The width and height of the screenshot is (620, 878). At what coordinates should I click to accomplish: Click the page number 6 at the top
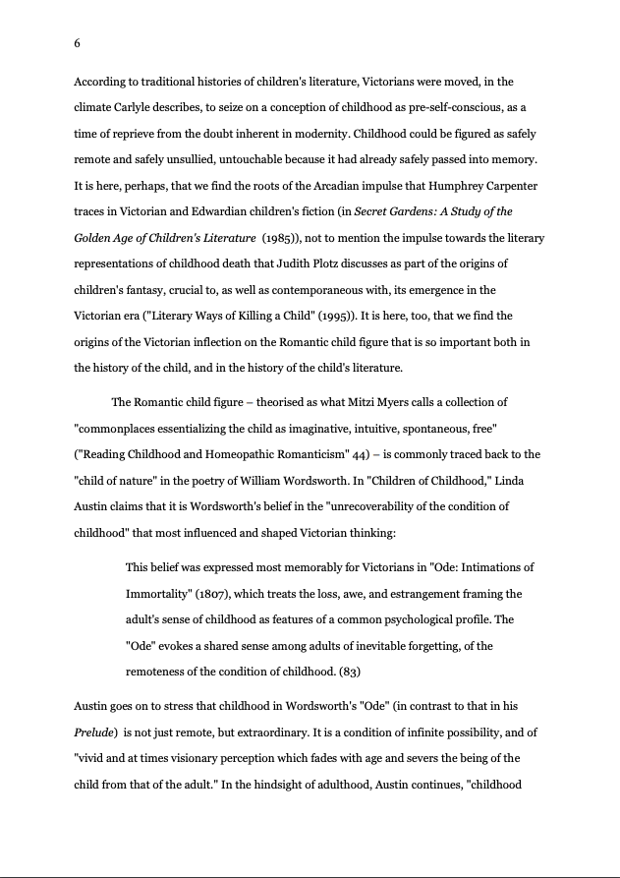pyautogui.click(x=78, y=43)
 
